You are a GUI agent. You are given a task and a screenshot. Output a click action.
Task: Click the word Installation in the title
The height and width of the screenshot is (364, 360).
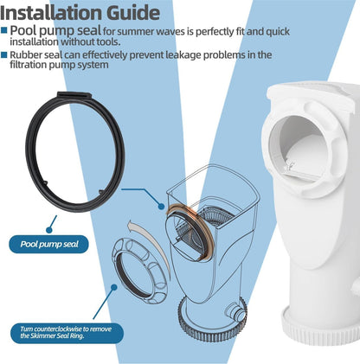[x=51, y=13]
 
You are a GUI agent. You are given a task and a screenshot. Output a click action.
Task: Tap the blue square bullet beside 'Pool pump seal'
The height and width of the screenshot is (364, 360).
[x=4, y=29]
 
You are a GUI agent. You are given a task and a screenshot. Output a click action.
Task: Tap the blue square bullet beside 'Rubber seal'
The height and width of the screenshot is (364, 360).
[x=4, y=54]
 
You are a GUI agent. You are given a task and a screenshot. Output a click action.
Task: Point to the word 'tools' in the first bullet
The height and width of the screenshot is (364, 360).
[x=108, y=42]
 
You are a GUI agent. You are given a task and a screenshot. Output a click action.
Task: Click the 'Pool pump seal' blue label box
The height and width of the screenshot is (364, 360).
[x=48, y=245]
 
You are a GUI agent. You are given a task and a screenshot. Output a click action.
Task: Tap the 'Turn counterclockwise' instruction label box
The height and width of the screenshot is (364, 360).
[x=67, y=333]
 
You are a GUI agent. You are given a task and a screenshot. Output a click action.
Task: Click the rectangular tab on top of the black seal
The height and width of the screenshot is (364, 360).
[x=74, y=95]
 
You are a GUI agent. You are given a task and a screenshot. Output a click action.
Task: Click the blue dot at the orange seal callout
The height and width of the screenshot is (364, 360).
[x=162, y=207]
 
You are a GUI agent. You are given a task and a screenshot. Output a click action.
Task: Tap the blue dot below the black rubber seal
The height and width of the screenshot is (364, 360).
[x=49, y=230]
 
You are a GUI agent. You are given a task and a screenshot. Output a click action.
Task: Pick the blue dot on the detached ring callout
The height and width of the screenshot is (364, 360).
[x=114, y=287]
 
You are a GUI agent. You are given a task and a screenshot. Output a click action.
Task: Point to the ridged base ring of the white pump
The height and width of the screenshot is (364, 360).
[x=320, y=330]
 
